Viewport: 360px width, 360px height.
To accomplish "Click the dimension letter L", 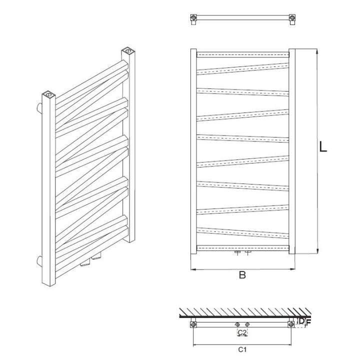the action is click(x=323, y=146).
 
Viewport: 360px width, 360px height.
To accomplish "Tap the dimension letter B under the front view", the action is click(x=242, y=275).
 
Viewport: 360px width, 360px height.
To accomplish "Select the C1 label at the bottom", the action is click(x=242, y=349).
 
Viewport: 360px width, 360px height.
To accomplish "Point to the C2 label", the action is click(x=242, y=332).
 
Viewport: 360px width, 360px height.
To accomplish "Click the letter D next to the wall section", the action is click(x=301, y=321).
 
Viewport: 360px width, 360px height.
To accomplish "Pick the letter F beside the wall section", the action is click(x=308, y=323).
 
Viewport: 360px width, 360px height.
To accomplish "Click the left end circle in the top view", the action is click(x=194, y=17).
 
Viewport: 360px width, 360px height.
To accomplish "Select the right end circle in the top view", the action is click(x=292, y=17).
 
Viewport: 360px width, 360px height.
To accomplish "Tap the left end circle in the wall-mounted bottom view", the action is click(x=193, y=324).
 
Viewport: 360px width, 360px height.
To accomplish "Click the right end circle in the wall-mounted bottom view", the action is click(x=291, y=324).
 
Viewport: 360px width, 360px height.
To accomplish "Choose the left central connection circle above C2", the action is click(x=237, y=324).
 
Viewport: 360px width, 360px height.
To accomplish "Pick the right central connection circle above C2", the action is click(x=247, y=324).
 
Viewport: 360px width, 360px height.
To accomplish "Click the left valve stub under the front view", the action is click(x=237, y=253).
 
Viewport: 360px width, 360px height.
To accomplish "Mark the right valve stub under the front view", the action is click(x=247, y=253).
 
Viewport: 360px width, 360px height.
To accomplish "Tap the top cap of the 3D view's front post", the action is click(x=48, y=94).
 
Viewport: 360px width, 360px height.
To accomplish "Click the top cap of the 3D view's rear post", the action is click(x=128, y=50).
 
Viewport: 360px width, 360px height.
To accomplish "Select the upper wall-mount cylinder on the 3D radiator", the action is click(x=39, y=108).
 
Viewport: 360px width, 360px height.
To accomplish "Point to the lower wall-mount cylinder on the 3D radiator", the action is click(x=39, y=261).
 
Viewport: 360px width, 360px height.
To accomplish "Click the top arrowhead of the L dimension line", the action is click(x=317, y=51).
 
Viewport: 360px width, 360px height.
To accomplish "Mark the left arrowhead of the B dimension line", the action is click(x=193, y=269).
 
